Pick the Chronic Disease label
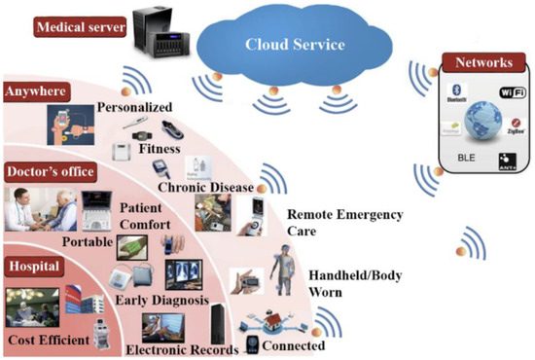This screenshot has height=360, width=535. pos(205,187)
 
